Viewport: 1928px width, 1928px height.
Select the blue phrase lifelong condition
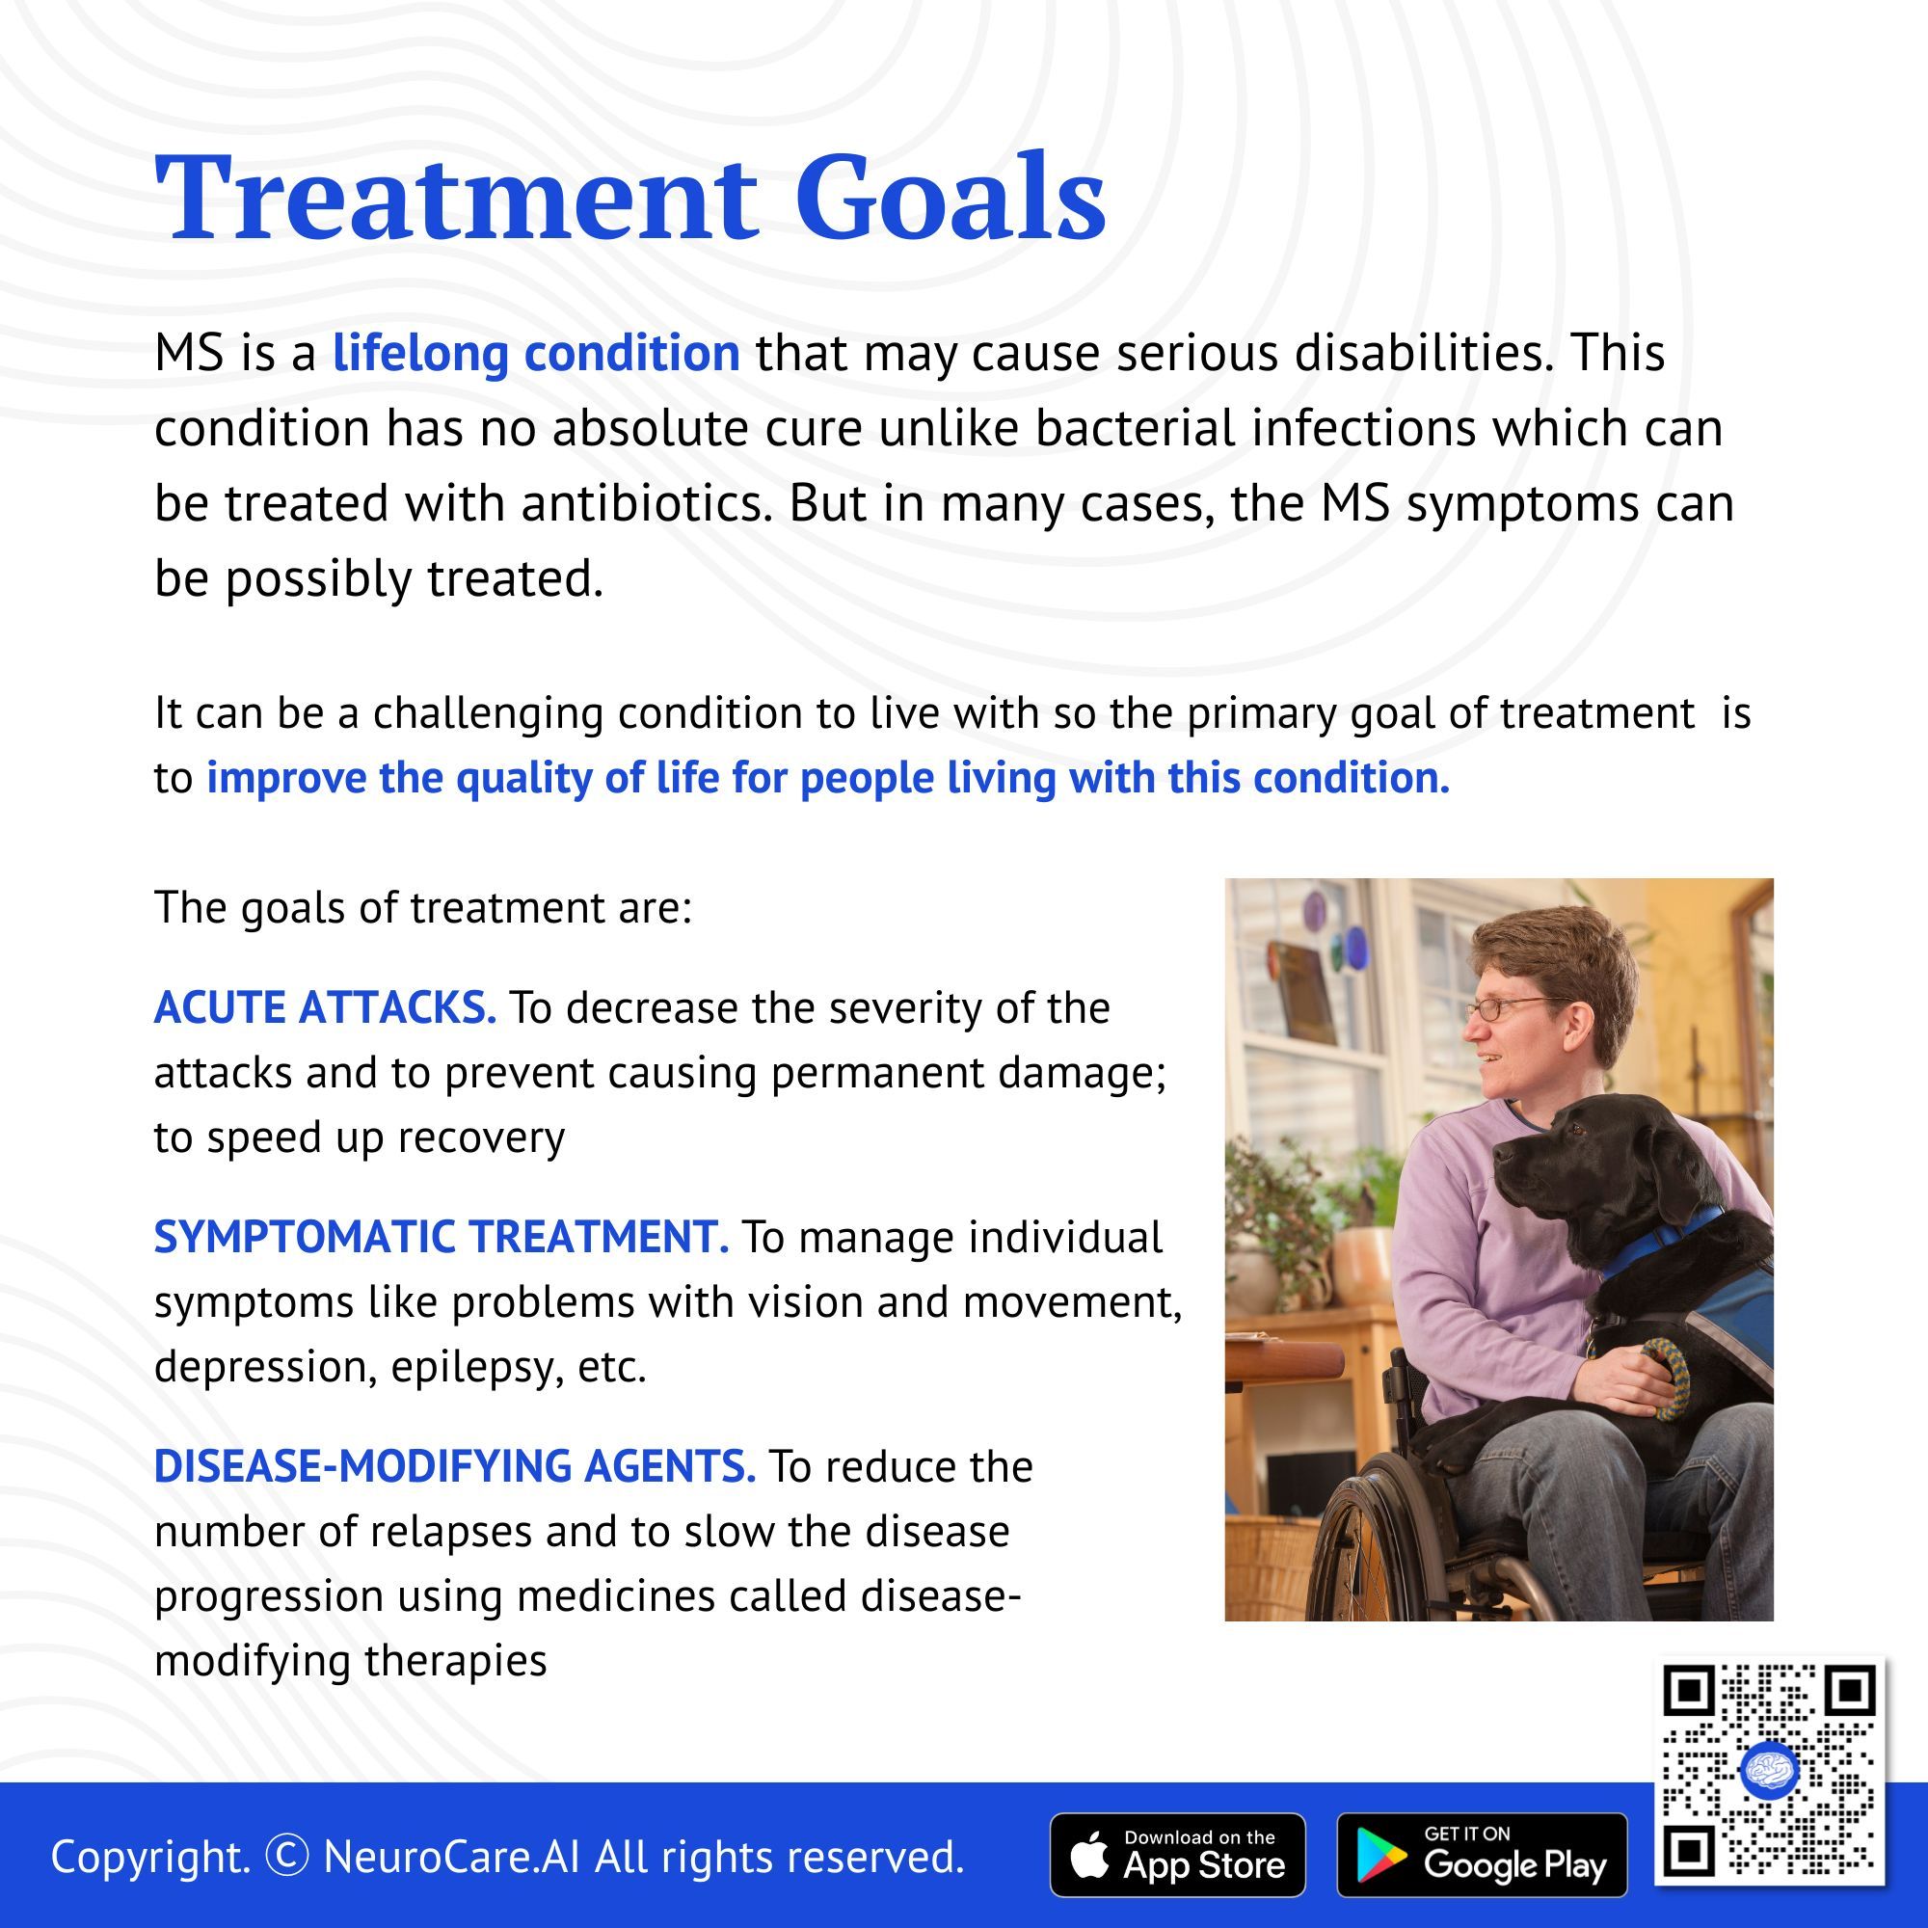(536, 352)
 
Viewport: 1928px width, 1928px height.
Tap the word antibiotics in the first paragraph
(647, 503)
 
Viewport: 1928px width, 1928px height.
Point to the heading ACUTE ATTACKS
(324, 1008)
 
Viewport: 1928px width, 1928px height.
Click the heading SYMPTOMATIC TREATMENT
(442, 1238)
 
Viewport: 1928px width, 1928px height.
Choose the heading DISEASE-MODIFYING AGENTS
(455, 1467)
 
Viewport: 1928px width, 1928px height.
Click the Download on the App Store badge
(1178, 1855)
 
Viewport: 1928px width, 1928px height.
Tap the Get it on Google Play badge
(1482, 1855)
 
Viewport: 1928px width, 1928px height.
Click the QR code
(1769, 1770)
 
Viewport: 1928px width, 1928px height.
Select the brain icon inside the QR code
(1769, 1770)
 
